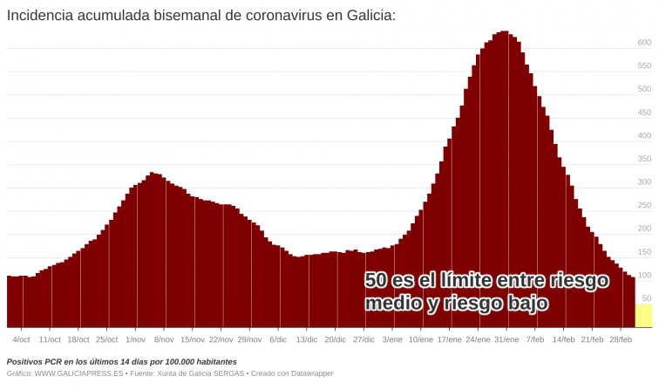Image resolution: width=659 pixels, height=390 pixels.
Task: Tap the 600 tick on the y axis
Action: tap(644, 42)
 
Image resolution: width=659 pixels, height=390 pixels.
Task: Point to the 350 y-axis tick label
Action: tap(644, 159)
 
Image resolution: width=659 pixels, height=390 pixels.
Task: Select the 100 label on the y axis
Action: tap(644, 276)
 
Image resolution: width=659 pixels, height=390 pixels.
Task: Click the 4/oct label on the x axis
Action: tap(21, 339)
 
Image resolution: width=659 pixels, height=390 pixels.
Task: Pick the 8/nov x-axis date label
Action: tap(164, 339)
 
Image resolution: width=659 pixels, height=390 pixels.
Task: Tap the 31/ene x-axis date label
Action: tap(506, 339)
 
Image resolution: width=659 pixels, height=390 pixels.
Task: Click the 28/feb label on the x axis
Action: tap(621, 339)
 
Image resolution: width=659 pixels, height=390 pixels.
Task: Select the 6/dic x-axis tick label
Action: tap(278, 339)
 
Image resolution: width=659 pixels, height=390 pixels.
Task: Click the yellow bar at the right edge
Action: tap(643, 316)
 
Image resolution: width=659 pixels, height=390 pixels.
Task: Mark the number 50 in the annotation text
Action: tap(377, 281)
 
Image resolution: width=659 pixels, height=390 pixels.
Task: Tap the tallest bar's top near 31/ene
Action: tap(504, 33)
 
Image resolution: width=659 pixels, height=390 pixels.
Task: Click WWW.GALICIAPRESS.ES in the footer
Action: tap(77, 373)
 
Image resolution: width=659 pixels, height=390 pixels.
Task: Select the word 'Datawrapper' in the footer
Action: tap(309, 373)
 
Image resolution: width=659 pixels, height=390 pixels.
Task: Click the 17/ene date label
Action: tap(449, 339)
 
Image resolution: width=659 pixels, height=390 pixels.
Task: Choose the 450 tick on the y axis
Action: tap(644, 112)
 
